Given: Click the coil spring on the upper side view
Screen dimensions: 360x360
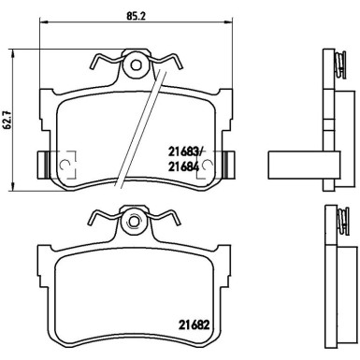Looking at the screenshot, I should tap(339, 65).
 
